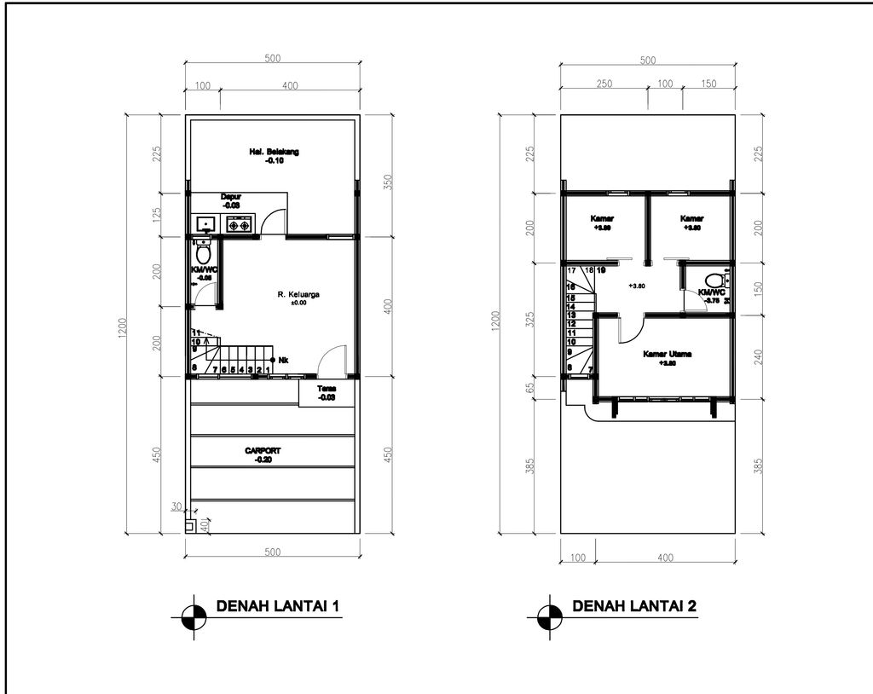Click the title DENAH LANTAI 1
pyautogui.click(x=279, y=607)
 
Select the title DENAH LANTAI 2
pyautogui.click(x=634, y=607)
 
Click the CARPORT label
pyautogui.click(x=263, y=450)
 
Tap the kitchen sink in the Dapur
pyautogui.click(x=205, y=225)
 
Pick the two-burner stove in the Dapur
pyautogui.click(x=238, y=226)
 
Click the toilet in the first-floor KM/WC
pyautogui.click(x=203, y=253)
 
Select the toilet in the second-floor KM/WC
pyautogui.click(x=714, y=280)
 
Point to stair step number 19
pyautogui.click(x=601, y=270)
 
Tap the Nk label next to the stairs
pyautogui.click(x=283, y=360)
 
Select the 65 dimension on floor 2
pyautogui.click(x=531, y=386)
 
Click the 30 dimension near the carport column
pyautogui.click(x=176, y=506)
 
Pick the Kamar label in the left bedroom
pyautogui.click(x=602, y=218)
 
